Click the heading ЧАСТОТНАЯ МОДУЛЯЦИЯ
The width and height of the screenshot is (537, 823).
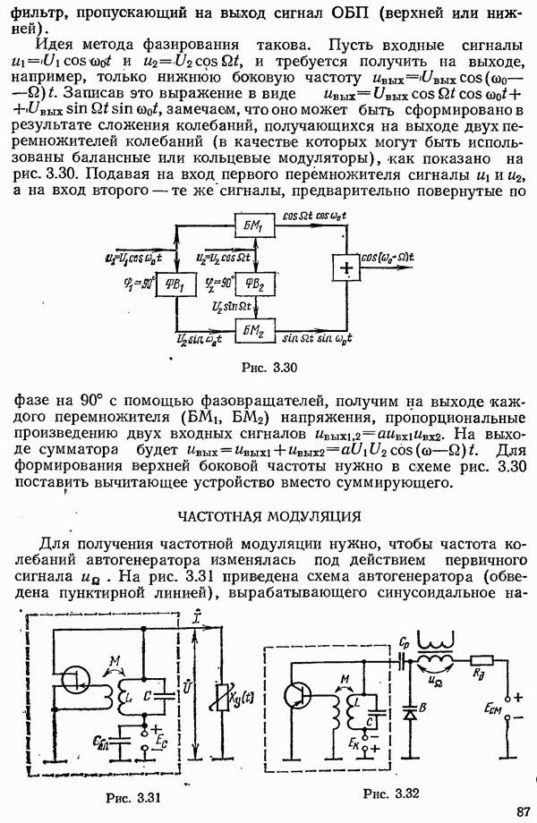click(x=268, y=516)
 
